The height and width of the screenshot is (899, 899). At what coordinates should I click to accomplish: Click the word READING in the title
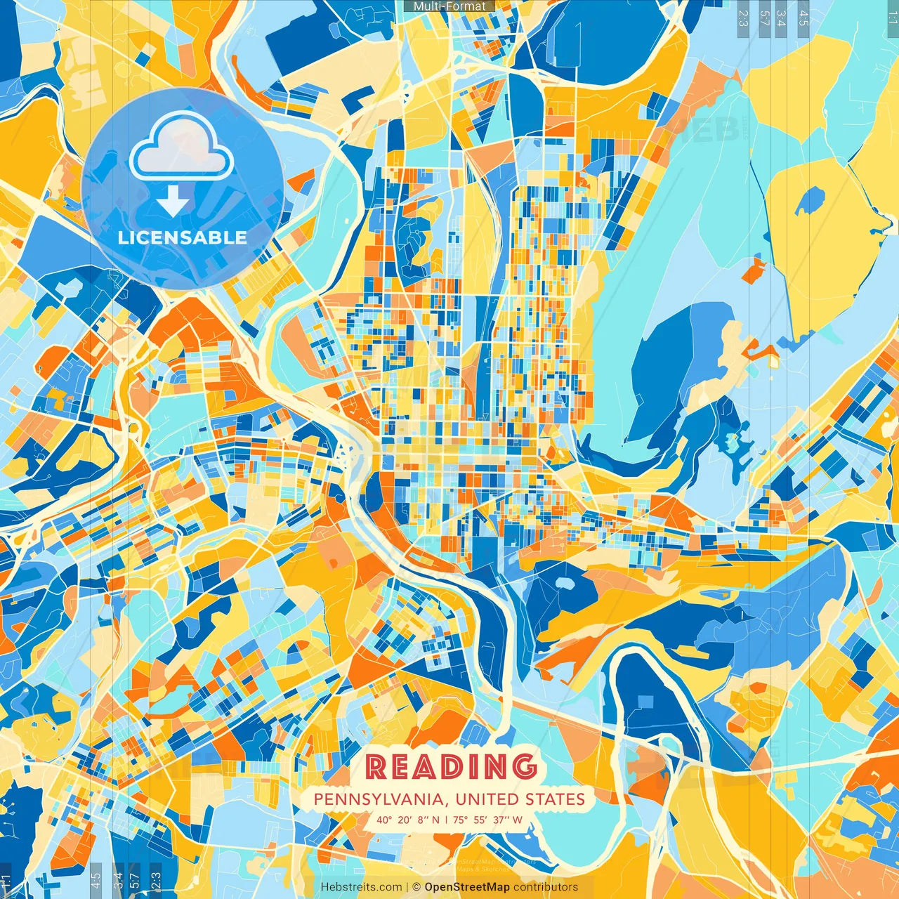[450, 767]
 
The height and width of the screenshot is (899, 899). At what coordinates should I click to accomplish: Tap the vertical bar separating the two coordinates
[447, 820]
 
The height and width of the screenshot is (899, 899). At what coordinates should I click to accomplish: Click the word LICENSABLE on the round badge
[182, 237]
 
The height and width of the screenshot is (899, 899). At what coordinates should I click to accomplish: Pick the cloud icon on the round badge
[181, 150]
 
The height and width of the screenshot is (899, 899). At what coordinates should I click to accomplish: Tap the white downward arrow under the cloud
[173, 202]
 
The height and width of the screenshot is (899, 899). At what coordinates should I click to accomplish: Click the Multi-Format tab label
[449, 6]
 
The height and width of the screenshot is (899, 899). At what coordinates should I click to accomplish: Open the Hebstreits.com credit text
[362, 887]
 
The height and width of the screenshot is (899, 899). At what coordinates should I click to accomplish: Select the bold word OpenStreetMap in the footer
[467, 887]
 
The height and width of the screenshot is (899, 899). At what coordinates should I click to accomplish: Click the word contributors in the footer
[546, 887]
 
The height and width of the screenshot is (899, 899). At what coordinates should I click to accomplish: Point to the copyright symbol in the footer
[416, 887]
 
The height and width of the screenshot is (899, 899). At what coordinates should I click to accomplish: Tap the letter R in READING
[376, 767]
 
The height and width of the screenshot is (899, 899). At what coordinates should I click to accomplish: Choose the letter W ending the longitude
[518, 820]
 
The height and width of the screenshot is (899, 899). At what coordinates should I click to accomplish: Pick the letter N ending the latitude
[436, 820]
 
